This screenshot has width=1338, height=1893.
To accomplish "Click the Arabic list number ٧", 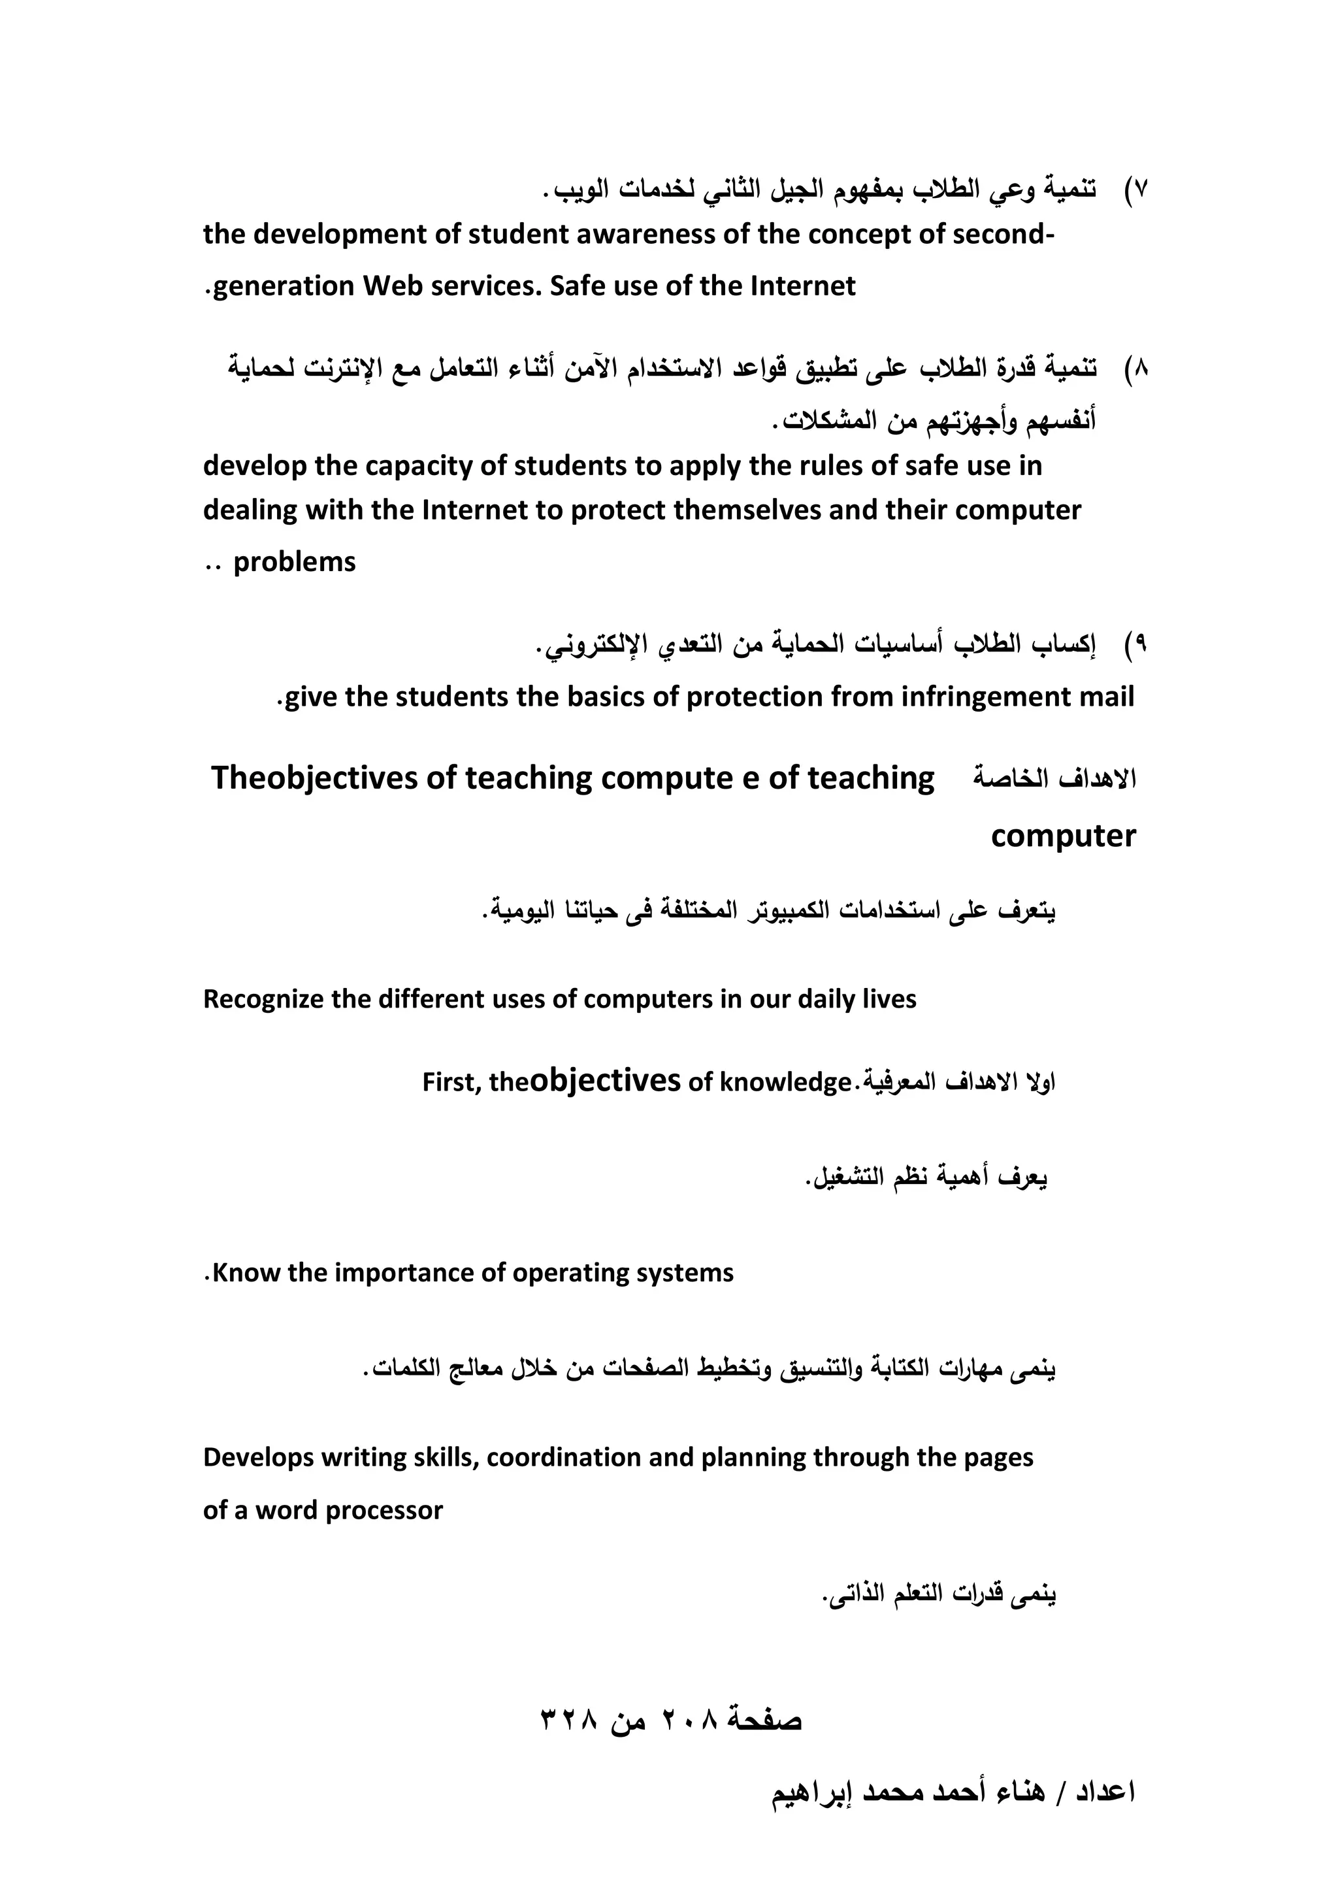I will point(1141,189).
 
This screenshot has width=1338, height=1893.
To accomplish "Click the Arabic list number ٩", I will point(1141,644).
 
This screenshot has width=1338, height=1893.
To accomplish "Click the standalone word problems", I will point(294,563).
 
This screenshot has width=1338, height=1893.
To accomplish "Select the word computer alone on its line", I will point(1063,836).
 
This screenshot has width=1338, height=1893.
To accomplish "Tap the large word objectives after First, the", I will point(604,1080).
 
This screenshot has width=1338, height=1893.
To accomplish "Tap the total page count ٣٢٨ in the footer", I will point(568,1719).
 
